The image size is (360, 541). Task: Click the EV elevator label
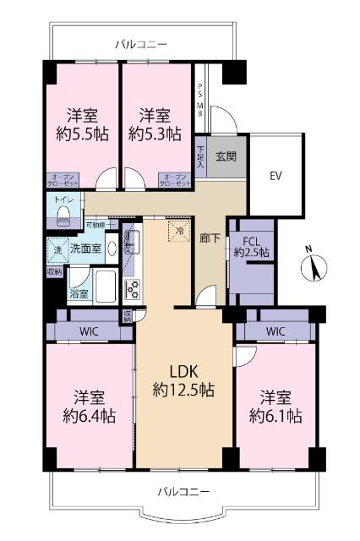[x=275, y=176]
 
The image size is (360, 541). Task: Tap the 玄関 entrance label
[x=225, y=156]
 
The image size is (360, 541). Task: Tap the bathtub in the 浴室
[x=105, y=290]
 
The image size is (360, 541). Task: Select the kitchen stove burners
[x=132, y=289]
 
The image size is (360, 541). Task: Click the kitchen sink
[x=130, y=243]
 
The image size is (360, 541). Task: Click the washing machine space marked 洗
[x=57, y=250]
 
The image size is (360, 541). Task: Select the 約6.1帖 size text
[x=274, y=415]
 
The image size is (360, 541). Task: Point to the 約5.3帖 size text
[x=154, y=133]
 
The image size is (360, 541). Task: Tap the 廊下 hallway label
[x=209, y=238]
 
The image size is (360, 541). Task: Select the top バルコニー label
[x=141, y=43]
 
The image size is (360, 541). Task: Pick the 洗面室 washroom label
[x=85, y=249]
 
